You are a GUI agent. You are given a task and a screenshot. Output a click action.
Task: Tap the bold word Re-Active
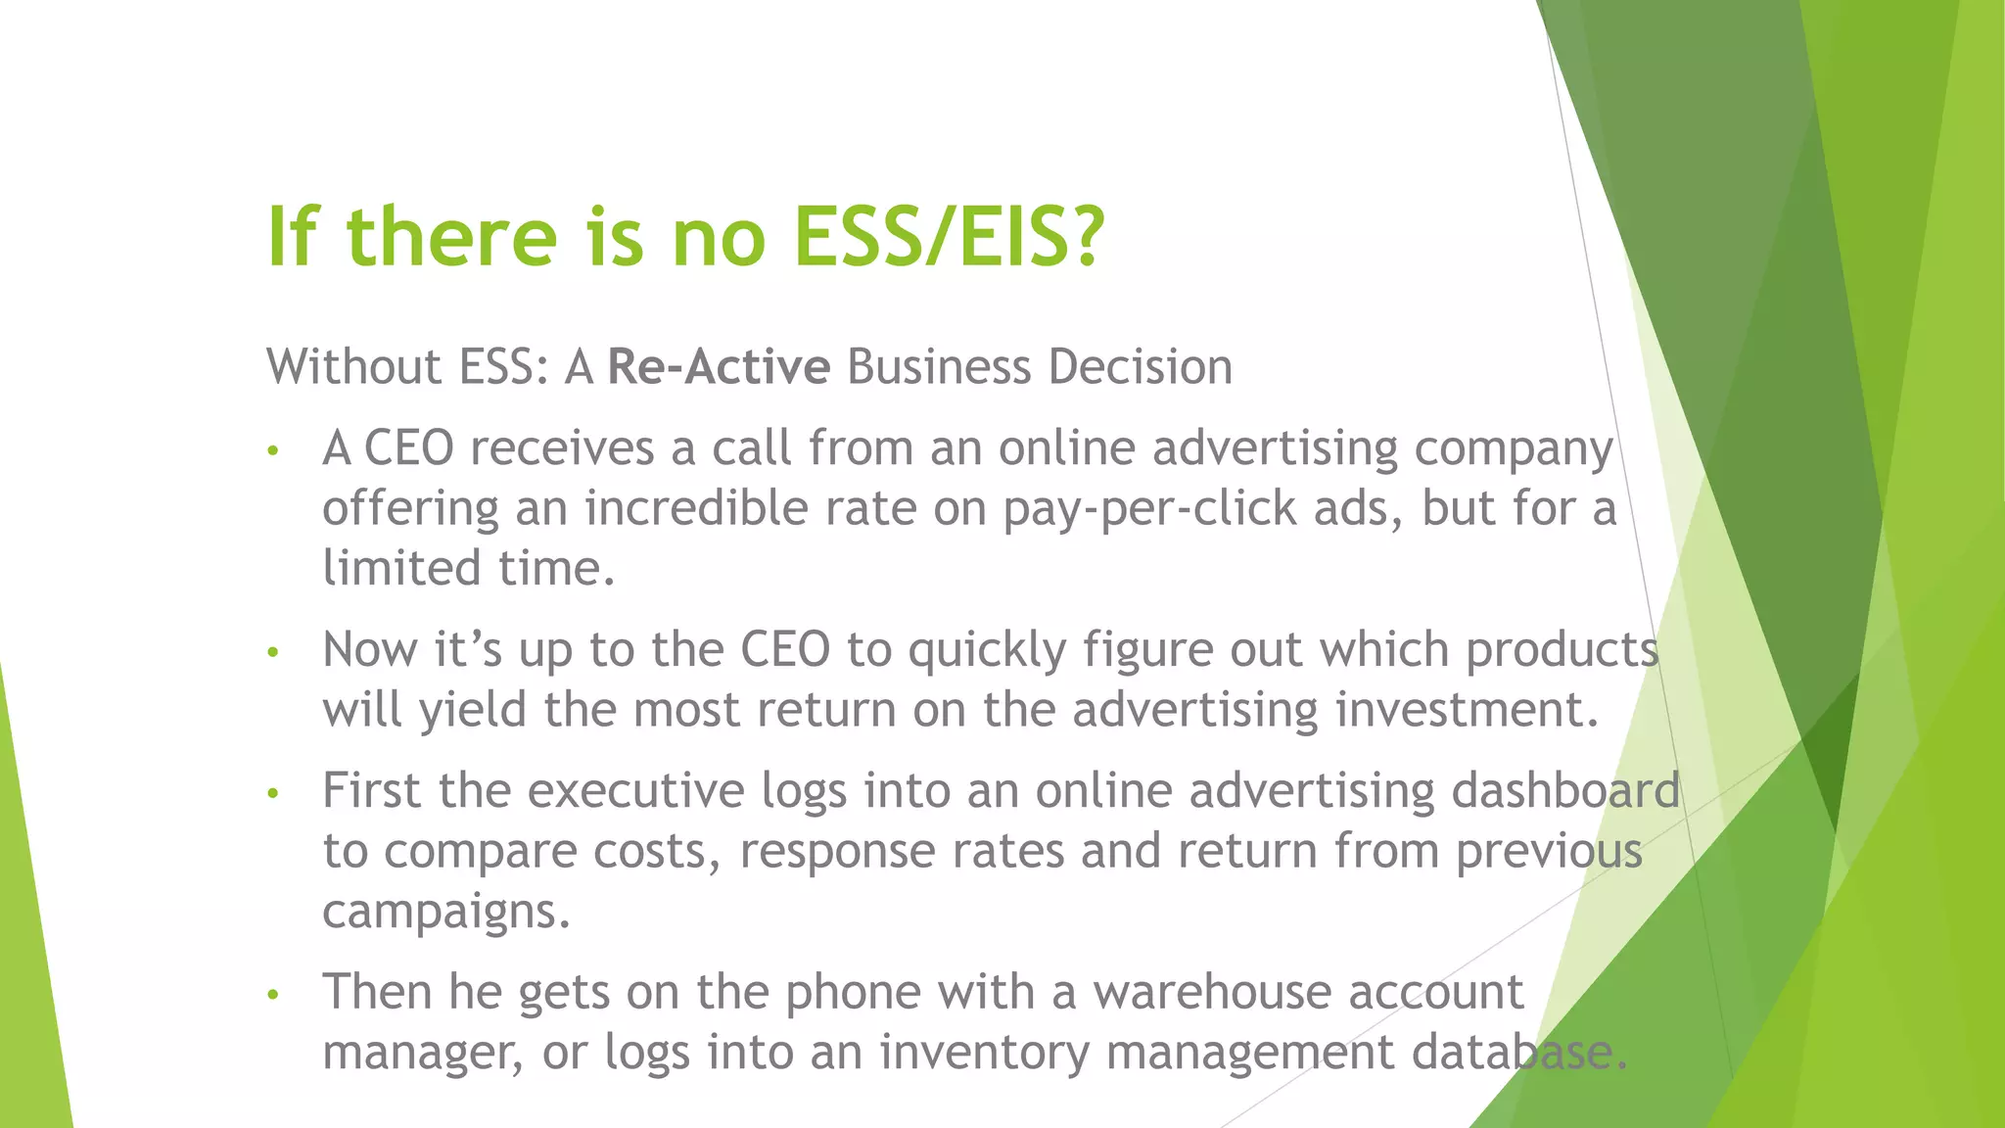(719, 367)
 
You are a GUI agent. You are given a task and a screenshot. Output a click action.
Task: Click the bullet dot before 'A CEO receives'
(274, 450)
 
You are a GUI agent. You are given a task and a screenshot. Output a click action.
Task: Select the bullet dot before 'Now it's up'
(274, 651)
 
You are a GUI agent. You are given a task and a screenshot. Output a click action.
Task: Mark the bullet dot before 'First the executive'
(274, 792)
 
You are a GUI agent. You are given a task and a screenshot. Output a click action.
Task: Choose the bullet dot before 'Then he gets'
(274, 994)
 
